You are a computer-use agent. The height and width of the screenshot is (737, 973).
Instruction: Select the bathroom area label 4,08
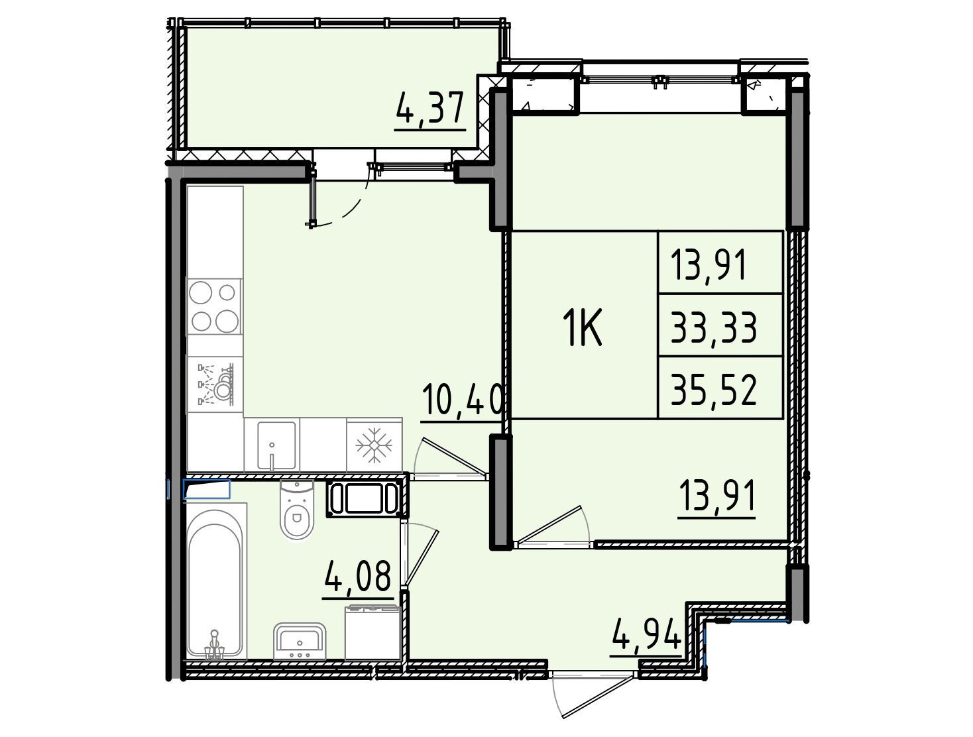click(358, 576)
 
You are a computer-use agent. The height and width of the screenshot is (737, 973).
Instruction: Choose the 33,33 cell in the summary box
click(714, 327)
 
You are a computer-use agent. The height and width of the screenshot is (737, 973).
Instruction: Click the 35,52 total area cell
click(714, 388)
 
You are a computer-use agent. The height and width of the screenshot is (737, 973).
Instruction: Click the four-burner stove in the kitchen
click(215, 306)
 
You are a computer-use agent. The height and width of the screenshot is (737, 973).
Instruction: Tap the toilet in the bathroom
click(297, 510)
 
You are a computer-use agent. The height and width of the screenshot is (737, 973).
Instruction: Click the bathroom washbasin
click(300, 641)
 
